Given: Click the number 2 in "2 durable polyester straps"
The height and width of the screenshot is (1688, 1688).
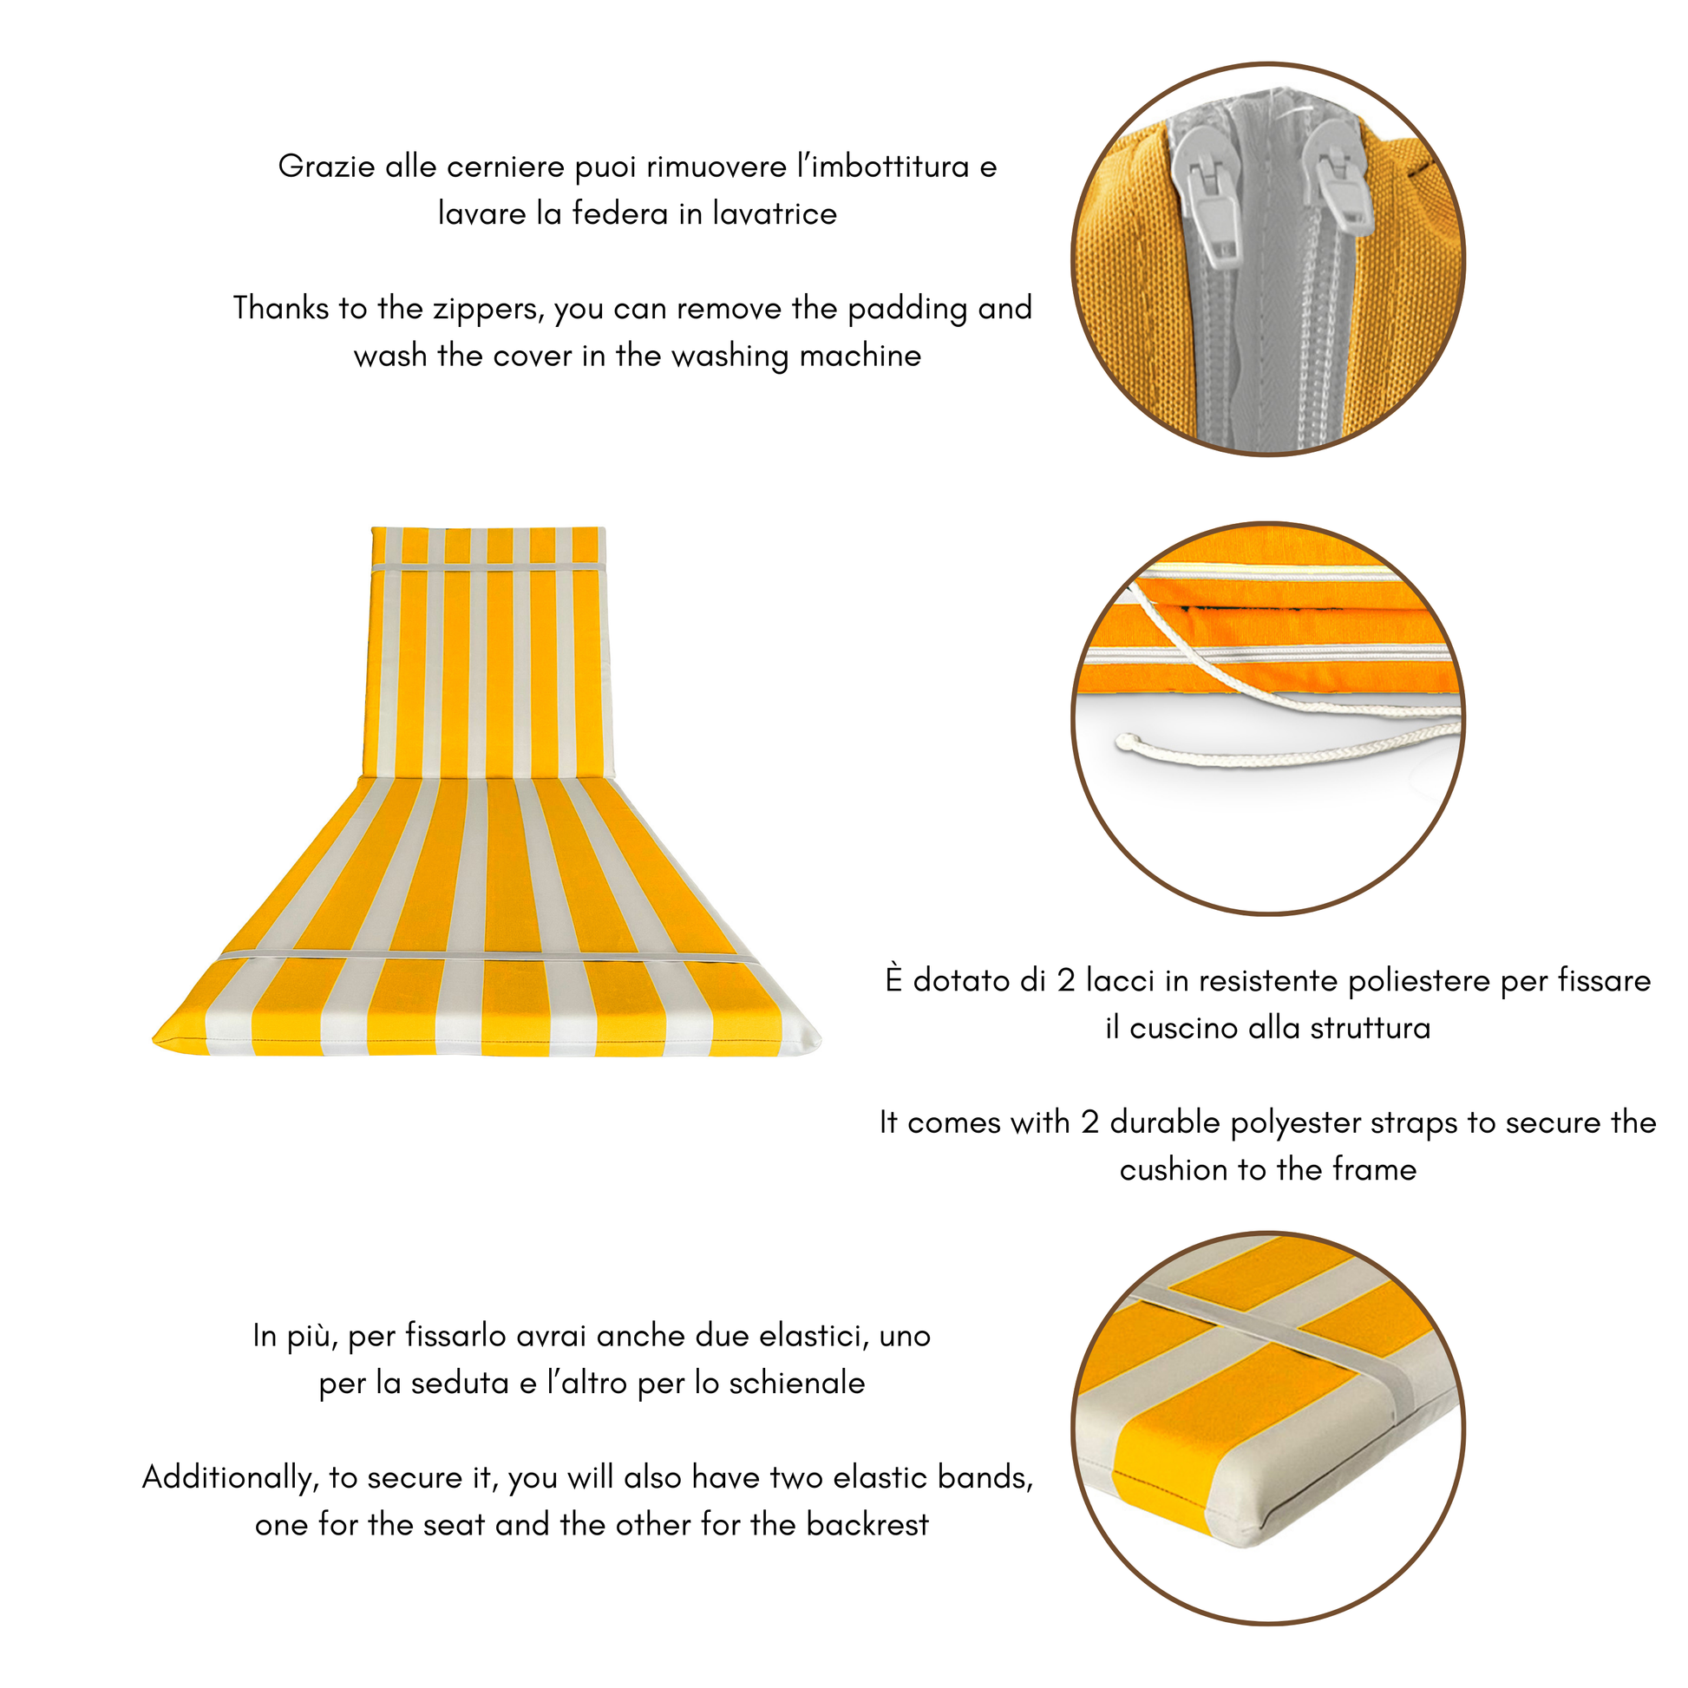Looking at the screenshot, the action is (x=1089, y=1122).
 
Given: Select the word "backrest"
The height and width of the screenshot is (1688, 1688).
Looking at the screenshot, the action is (x=867, y=1525).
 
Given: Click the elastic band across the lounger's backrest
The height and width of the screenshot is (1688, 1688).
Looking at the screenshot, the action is (x=488, y=568).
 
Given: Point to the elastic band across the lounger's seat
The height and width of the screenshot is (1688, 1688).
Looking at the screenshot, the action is (x=488, y=958).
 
